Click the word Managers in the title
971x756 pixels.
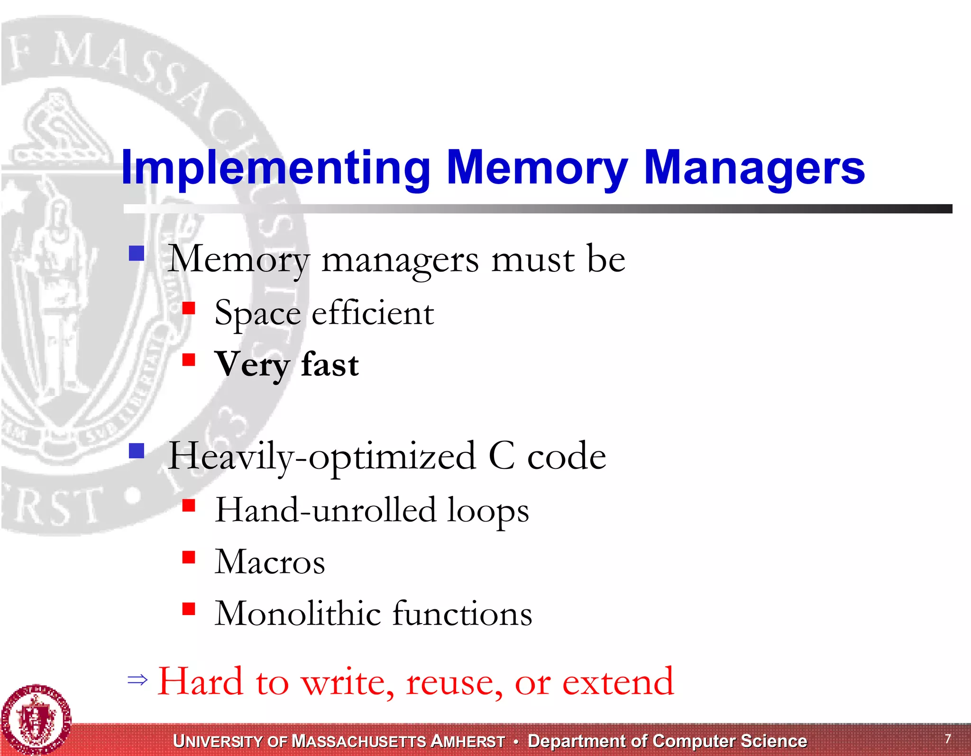pos(754,168)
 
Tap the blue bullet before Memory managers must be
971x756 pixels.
pos(137,253)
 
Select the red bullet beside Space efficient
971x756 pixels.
pos(189,308)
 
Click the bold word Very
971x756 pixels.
pos(252,364)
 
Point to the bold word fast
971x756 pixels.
pos(330,364)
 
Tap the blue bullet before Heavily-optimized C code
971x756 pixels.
pos(137,450)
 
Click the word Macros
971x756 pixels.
pos(270,562)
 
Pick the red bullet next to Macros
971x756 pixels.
pos(189,557)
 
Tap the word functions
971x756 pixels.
pos(463,613)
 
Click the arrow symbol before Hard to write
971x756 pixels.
pos(137,680)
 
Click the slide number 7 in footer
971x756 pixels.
pos(948,738)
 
